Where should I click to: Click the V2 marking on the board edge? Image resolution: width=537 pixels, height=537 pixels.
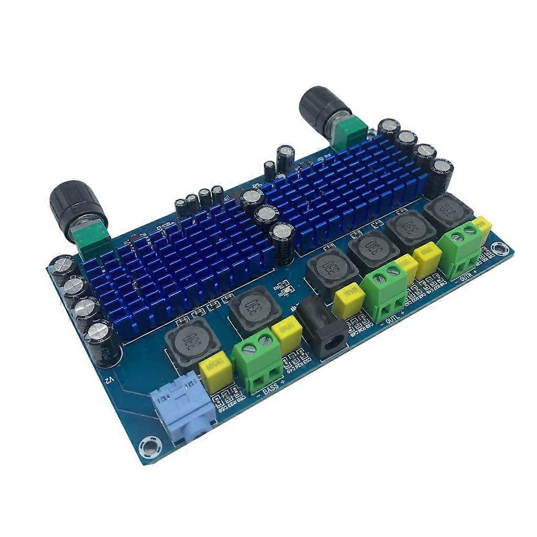pos(108,378)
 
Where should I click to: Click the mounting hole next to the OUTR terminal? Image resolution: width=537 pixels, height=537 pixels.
pos(501,251)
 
